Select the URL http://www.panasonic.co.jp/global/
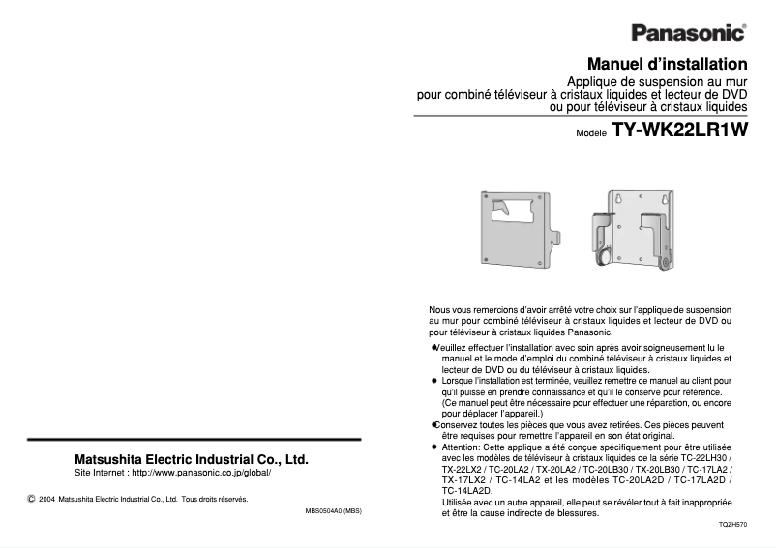click(x=201, y=474)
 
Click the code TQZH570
click(x=732, y=524)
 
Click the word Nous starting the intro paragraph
click(x=440, y=309)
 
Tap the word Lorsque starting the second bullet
click(x=458, y=381)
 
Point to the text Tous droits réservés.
click(x=215, y=500)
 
